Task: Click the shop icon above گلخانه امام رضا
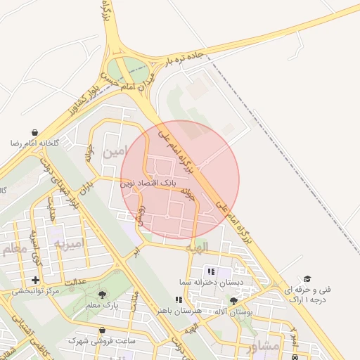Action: point(35,132)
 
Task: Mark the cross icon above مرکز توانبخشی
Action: point(35,280)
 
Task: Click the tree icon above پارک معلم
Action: point(103,295)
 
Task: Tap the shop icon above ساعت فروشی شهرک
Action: point(103,330)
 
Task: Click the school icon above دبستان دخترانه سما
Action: point(210,271)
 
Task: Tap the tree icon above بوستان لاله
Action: point(233,301)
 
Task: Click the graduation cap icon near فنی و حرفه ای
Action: point(307,279)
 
